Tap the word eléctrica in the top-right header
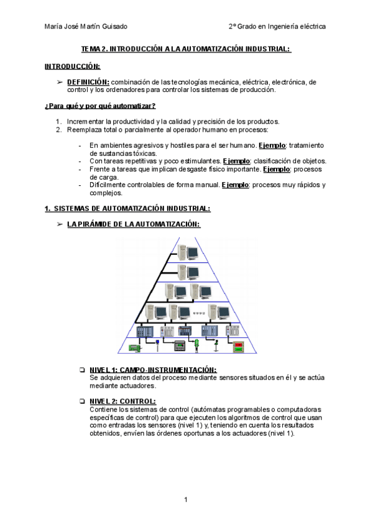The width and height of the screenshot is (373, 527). (311, 27)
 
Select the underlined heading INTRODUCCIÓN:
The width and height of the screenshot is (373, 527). (73, 66)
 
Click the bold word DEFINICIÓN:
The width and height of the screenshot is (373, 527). (88, 81)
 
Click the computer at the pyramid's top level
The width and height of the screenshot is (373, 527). (188, 252)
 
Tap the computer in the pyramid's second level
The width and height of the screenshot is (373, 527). (188, 272)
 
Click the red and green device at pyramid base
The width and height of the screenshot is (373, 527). (238, 346)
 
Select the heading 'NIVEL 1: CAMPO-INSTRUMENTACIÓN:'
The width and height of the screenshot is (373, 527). (153, 369)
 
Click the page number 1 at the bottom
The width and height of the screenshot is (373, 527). (185, 500)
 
